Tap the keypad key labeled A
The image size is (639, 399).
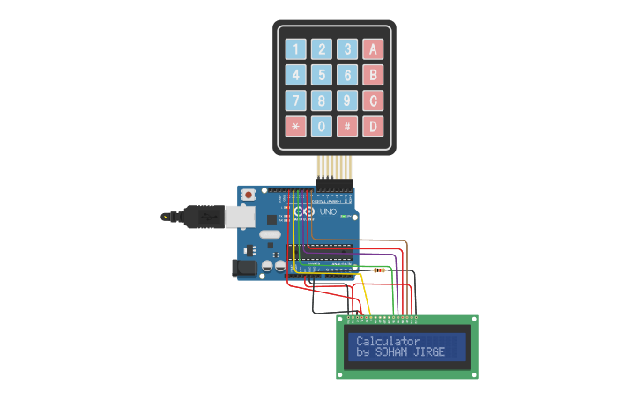coord(373,49)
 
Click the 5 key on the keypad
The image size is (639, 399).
coord(322,75)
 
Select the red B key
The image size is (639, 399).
coord(373,75)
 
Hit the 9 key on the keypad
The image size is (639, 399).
coord(347,100)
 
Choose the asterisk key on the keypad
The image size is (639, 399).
coord(296,126)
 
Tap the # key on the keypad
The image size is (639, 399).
coord(347,126)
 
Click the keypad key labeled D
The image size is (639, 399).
coord(373,126)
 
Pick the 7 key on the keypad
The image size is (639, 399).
coord(296,100)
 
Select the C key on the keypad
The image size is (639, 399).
coord(373,100)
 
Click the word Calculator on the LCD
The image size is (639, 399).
coord(388,341)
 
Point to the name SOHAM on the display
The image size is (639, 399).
coord(393,352)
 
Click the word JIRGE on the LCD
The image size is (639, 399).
coord(429,352)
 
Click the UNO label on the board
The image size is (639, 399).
coord(327,212)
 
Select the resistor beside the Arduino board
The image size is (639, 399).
coord(380,269)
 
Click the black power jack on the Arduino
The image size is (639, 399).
coord(244,268)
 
